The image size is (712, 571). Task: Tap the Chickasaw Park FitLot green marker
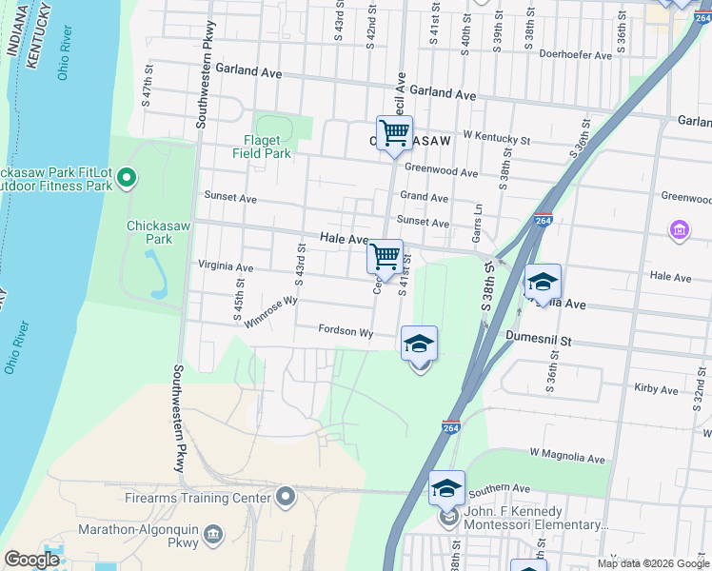coord(129,178)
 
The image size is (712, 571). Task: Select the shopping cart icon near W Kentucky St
coord(394,132)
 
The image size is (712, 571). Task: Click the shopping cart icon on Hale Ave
coord(385,255)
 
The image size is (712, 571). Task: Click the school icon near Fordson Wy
coord(419,344)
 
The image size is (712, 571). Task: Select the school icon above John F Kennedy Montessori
coord(445,488)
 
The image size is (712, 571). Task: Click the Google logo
coord(31,560)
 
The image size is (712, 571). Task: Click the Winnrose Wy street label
coord(271,311)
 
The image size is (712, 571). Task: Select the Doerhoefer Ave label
coord(575,56)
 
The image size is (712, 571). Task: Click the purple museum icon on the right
coord(678,229)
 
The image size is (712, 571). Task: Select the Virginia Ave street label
coord(226,267)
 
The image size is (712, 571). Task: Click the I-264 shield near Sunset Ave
coord(544,220)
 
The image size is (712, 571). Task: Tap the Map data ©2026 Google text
coord(653,563)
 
